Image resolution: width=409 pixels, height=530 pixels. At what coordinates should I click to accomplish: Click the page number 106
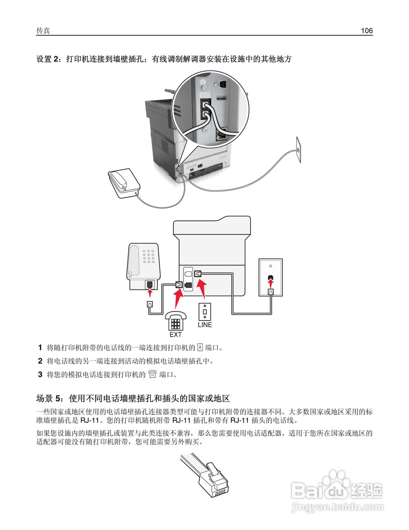coord(366,31)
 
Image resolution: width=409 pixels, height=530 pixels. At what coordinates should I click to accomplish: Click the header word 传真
coord(43,31)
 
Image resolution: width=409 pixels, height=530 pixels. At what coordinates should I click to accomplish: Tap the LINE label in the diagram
coord(205,325)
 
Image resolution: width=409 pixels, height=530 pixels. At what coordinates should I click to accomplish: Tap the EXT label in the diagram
coord(175,334)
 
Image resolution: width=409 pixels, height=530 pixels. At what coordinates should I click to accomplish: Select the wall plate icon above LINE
coord(205,311)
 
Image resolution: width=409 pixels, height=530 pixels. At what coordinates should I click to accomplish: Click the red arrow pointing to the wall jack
coord(270,283)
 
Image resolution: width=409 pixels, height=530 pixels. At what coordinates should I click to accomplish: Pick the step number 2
coord(40,361)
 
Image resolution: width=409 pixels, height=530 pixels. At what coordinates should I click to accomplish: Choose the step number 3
coord(40,375)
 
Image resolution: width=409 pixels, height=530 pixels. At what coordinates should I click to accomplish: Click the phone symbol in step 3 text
coord(153,375)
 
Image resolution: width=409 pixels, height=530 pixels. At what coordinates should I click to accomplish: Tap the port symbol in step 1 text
coord(200,347)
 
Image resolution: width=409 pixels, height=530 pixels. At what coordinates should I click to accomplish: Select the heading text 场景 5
coord(49,399)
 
